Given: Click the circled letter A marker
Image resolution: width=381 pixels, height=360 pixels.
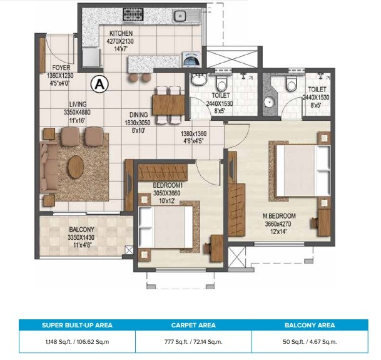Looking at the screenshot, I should (x=98, y=81).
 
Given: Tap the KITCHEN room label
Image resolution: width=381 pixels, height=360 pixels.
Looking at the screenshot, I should (x=121, y=33).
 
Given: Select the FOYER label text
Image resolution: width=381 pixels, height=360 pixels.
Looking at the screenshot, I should (x=61, y=67).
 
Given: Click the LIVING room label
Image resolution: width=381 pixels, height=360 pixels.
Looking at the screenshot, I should (x=78, y=105).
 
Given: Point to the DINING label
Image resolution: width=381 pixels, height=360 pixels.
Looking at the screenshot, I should (x=138, y=115).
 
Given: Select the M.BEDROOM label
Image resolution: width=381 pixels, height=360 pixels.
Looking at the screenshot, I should (x=279, y=217).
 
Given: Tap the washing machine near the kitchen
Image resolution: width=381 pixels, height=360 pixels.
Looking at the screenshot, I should (x=191, y=61).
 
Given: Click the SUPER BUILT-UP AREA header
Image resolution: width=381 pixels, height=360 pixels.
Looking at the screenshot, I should (x=77, y=325).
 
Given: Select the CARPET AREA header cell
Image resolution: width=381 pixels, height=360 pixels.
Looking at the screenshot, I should (x=193, y=325).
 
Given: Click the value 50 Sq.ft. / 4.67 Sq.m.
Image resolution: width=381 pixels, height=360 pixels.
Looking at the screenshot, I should (x=309, y=342).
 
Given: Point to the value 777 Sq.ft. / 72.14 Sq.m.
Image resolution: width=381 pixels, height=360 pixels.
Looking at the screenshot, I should (x=193, y=342).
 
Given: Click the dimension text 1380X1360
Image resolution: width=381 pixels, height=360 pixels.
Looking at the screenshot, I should (x=193, y=134).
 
